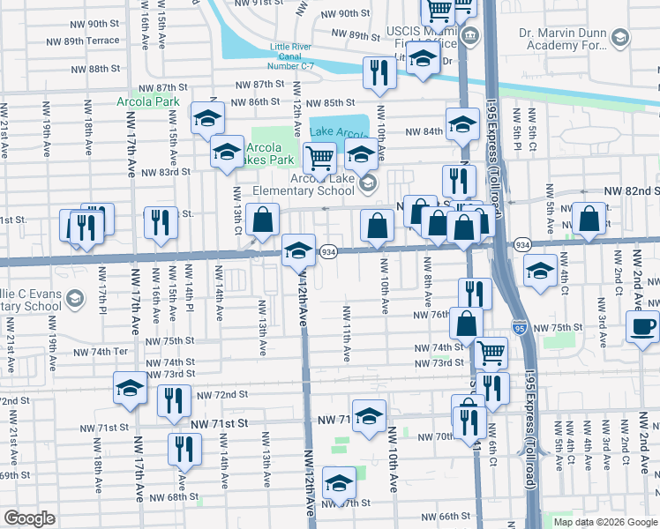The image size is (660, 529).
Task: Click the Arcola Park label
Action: click(147, 101)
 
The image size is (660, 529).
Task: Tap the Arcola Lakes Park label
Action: click(267, 153)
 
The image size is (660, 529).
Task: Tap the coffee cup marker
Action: click(643, 326)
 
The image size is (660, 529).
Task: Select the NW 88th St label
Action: click(91, 69)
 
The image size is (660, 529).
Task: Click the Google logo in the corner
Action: click(29, 518)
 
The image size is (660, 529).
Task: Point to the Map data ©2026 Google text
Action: click(606, 522)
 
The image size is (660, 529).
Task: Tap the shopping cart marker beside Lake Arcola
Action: click(319, 159)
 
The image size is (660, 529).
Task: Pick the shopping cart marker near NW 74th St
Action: click(491, 353)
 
